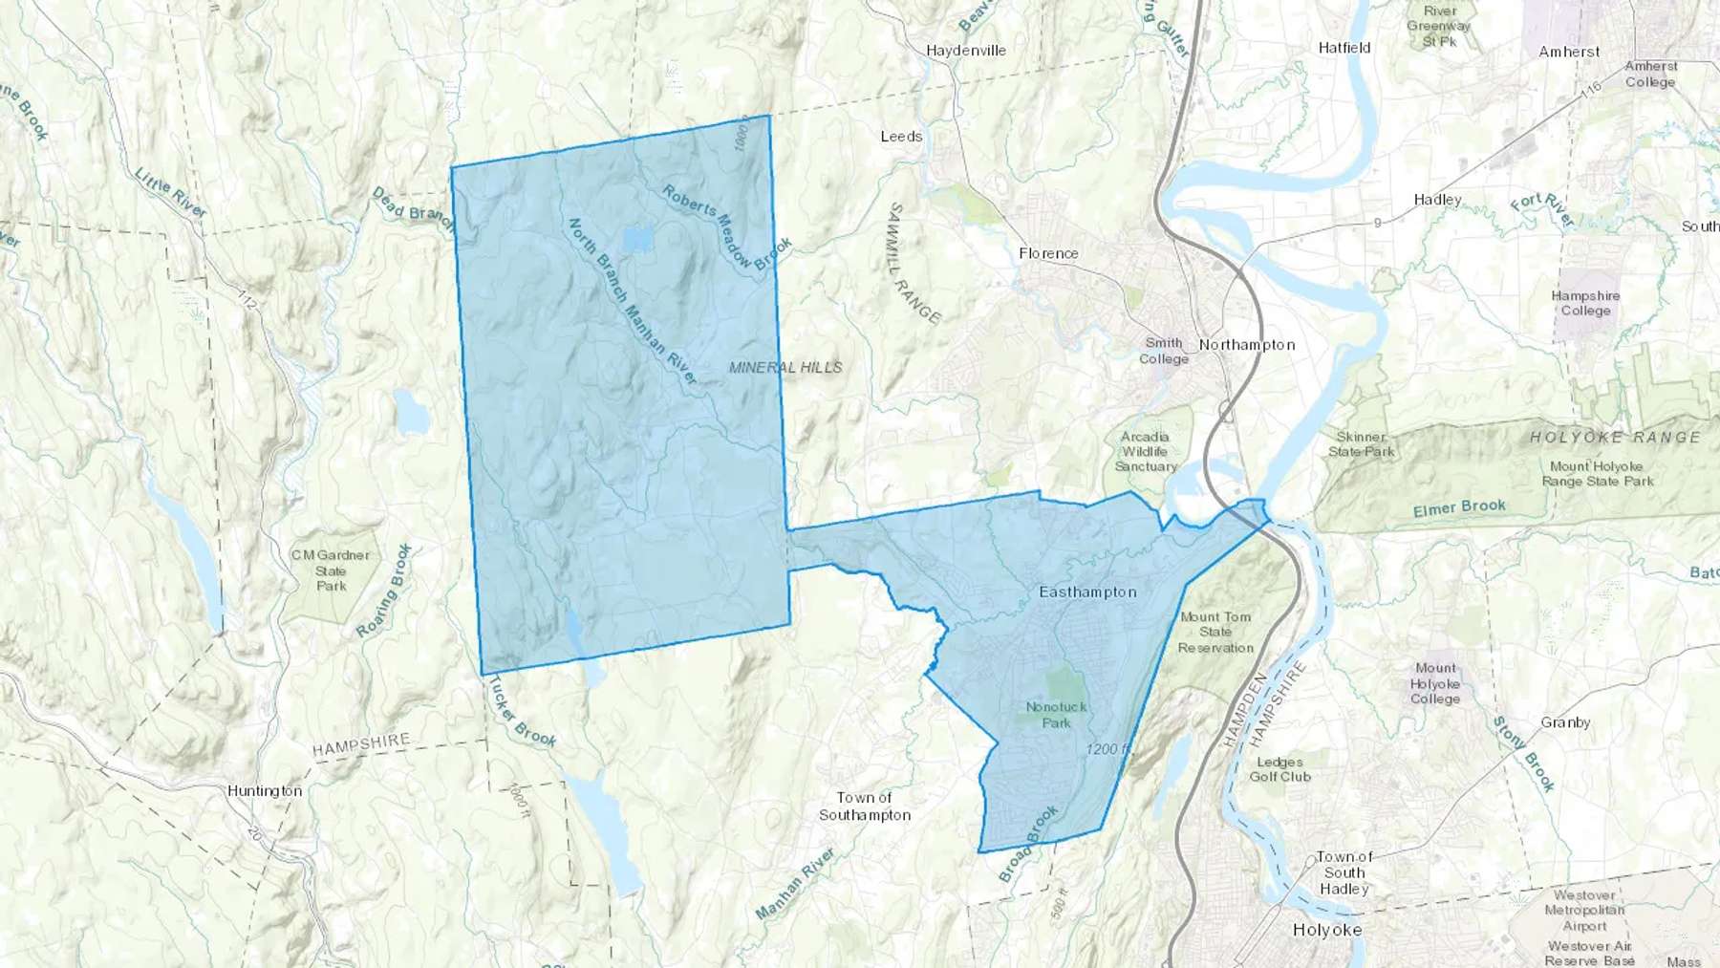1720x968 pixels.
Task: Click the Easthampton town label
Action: tap(1087, 592)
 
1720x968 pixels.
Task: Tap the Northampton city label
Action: tap(1247, 345)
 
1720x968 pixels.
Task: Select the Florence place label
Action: tap(1048, 253)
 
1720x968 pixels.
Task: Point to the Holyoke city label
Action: tap(1326, 930)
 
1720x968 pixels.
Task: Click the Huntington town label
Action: tap(265, 791)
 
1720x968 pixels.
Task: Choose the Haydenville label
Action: tap(965, 51)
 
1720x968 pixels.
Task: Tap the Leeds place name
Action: tap(901, 137)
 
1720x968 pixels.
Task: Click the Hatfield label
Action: tap(1344, 48)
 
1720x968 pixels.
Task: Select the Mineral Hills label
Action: tap(785, 367)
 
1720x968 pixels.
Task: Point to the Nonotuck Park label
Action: tap(1056, 715)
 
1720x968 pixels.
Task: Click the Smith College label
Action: tap(1164, 351)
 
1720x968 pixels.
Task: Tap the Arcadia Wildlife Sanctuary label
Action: tap(1145, 451)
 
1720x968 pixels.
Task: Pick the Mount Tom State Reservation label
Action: tap(1215, 633)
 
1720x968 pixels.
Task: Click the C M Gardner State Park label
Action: tap(331, 570)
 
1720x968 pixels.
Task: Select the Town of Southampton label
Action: tap(864, 807)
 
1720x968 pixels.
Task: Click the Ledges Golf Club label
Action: tap(1279, 769)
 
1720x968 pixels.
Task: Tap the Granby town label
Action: tap(1565, 722)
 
